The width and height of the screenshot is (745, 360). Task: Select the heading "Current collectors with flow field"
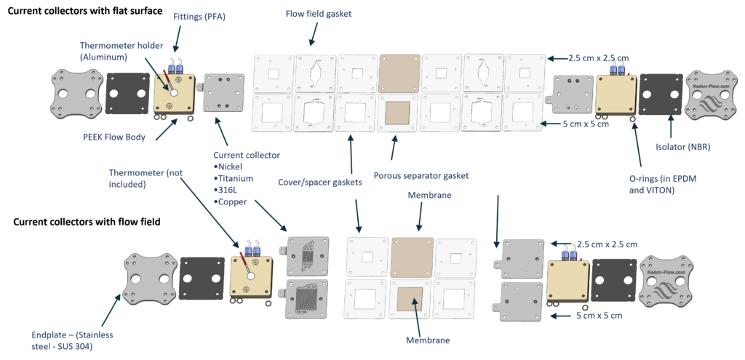87,222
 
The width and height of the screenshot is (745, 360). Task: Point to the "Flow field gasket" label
319,14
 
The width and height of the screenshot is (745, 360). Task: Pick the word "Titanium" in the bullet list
235,179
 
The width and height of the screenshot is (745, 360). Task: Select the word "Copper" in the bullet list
233,202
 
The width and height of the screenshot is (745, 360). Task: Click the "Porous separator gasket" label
421,176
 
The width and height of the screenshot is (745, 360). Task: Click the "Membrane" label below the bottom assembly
427,340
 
